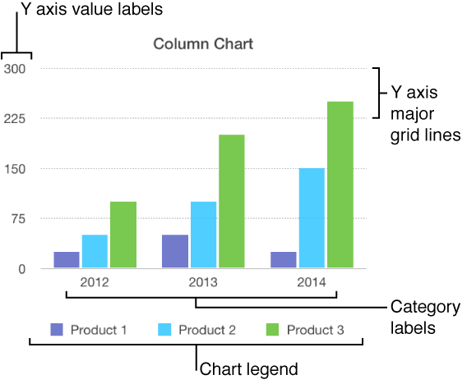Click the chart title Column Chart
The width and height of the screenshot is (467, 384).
[x=203, y=44]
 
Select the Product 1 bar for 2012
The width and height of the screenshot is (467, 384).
[x=67, y=259]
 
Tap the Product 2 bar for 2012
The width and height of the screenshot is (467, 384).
[x=95, y=251]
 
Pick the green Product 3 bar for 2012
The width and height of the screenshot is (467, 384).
[x=123, y=235]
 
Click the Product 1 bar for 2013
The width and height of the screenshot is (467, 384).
[x=175, y=251]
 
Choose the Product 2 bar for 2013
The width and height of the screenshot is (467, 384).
[x=203, y=235]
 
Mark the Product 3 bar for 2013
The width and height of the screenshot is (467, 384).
[x=231, y=201]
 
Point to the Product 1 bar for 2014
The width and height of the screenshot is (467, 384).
[x=284, y=259]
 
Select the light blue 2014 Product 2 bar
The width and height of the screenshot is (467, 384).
[x=312, y=218]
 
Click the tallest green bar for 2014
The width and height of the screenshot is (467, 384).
[x=340, y=185]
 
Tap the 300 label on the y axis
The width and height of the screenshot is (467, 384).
[x=16, y=69]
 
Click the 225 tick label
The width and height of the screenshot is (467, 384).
[x=16, y=119]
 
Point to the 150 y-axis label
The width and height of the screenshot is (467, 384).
[x=16, y=169]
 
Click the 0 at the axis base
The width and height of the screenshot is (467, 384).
[x=22, y=269]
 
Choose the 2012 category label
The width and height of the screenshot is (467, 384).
[x=94, y=282]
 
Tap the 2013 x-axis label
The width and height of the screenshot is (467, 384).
[x=203, y=282]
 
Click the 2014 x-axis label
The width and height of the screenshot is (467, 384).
[x=312, y=282]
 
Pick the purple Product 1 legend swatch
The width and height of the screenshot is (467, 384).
[x=57, y=330]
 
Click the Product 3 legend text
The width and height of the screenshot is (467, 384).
[x=316, y=331]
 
